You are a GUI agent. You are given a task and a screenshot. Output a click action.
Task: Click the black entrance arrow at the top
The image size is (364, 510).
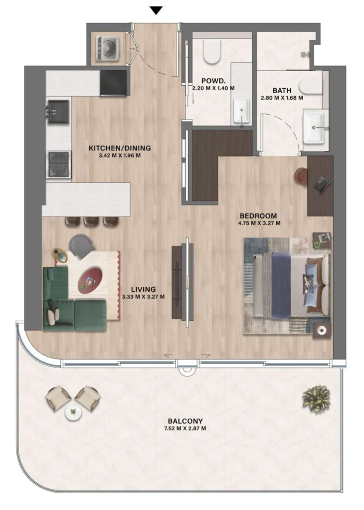click(x=157, y=10)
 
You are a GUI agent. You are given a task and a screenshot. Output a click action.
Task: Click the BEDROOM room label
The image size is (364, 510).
click(x=258, y=216)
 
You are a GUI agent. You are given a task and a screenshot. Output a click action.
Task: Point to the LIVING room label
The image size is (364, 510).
click(x=143, y=289)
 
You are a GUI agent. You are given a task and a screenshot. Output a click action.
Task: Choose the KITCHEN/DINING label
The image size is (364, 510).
click(x=119, y=148)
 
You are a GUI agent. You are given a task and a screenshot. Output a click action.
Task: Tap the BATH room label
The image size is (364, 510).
click(x=282, y=91)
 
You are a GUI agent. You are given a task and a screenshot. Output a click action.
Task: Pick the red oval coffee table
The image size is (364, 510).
click(x=91, y=278)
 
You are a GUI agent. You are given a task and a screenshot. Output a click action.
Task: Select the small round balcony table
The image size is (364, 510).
click(x=73, y=412)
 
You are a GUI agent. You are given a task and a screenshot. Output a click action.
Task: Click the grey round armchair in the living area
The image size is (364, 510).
click(x=82, y=246)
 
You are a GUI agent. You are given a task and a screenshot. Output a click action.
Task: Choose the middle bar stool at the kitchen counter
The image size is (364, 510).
click(x=92, y=221)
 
